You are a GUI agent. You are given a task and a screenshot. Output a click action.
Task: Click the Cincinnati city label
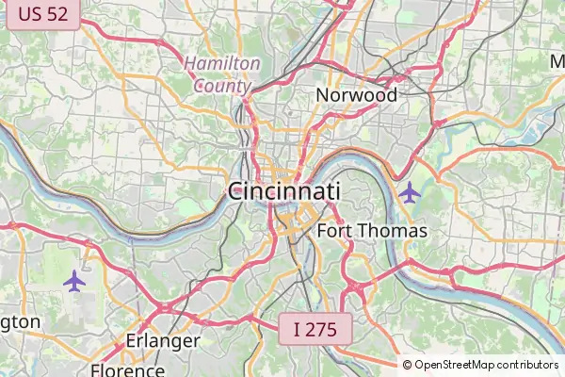(x=283, y=191)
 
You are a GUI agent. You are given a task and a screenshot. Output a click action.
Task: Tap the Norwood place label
(x=356, y=95)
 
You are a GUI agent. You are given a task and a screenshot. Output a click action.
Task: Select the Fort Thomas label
(x=372, y=231)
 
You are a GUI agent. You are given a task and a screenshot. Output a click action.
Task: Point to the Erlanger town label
(x=163, y=340)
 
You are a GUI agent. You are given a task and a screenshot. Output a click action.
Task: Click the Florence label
(x=127, y=369)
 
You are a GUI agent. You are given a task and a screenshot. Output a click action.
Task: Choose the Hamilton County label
(x=222, y=74)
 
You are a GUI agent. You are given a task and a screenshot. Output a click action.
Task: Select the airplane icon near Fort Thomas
(x=409, y=192)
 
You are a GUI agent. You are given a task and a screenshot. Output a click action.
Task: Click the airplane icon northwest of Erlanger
(x=74, y=280)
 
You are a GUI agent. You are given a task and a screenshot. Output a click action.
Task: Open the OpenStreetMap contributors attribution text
(x=486, y=365)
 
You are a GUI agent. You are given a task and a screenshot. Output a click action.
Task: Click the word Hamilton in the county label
(x=222, y=63)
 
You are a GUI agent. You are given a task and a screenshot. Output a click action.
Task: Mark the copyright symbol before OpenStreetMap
(x=408, y=365)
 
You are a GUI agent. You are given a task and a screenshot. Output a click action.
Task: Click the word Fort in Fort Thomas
(x=334, y=231)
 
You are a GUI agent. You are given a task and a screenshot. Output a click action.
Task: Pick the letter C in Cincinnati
(x=236, y=191)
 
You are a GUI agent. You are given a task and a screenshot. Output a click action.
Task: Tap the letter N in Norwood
(x=323, y=95)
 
